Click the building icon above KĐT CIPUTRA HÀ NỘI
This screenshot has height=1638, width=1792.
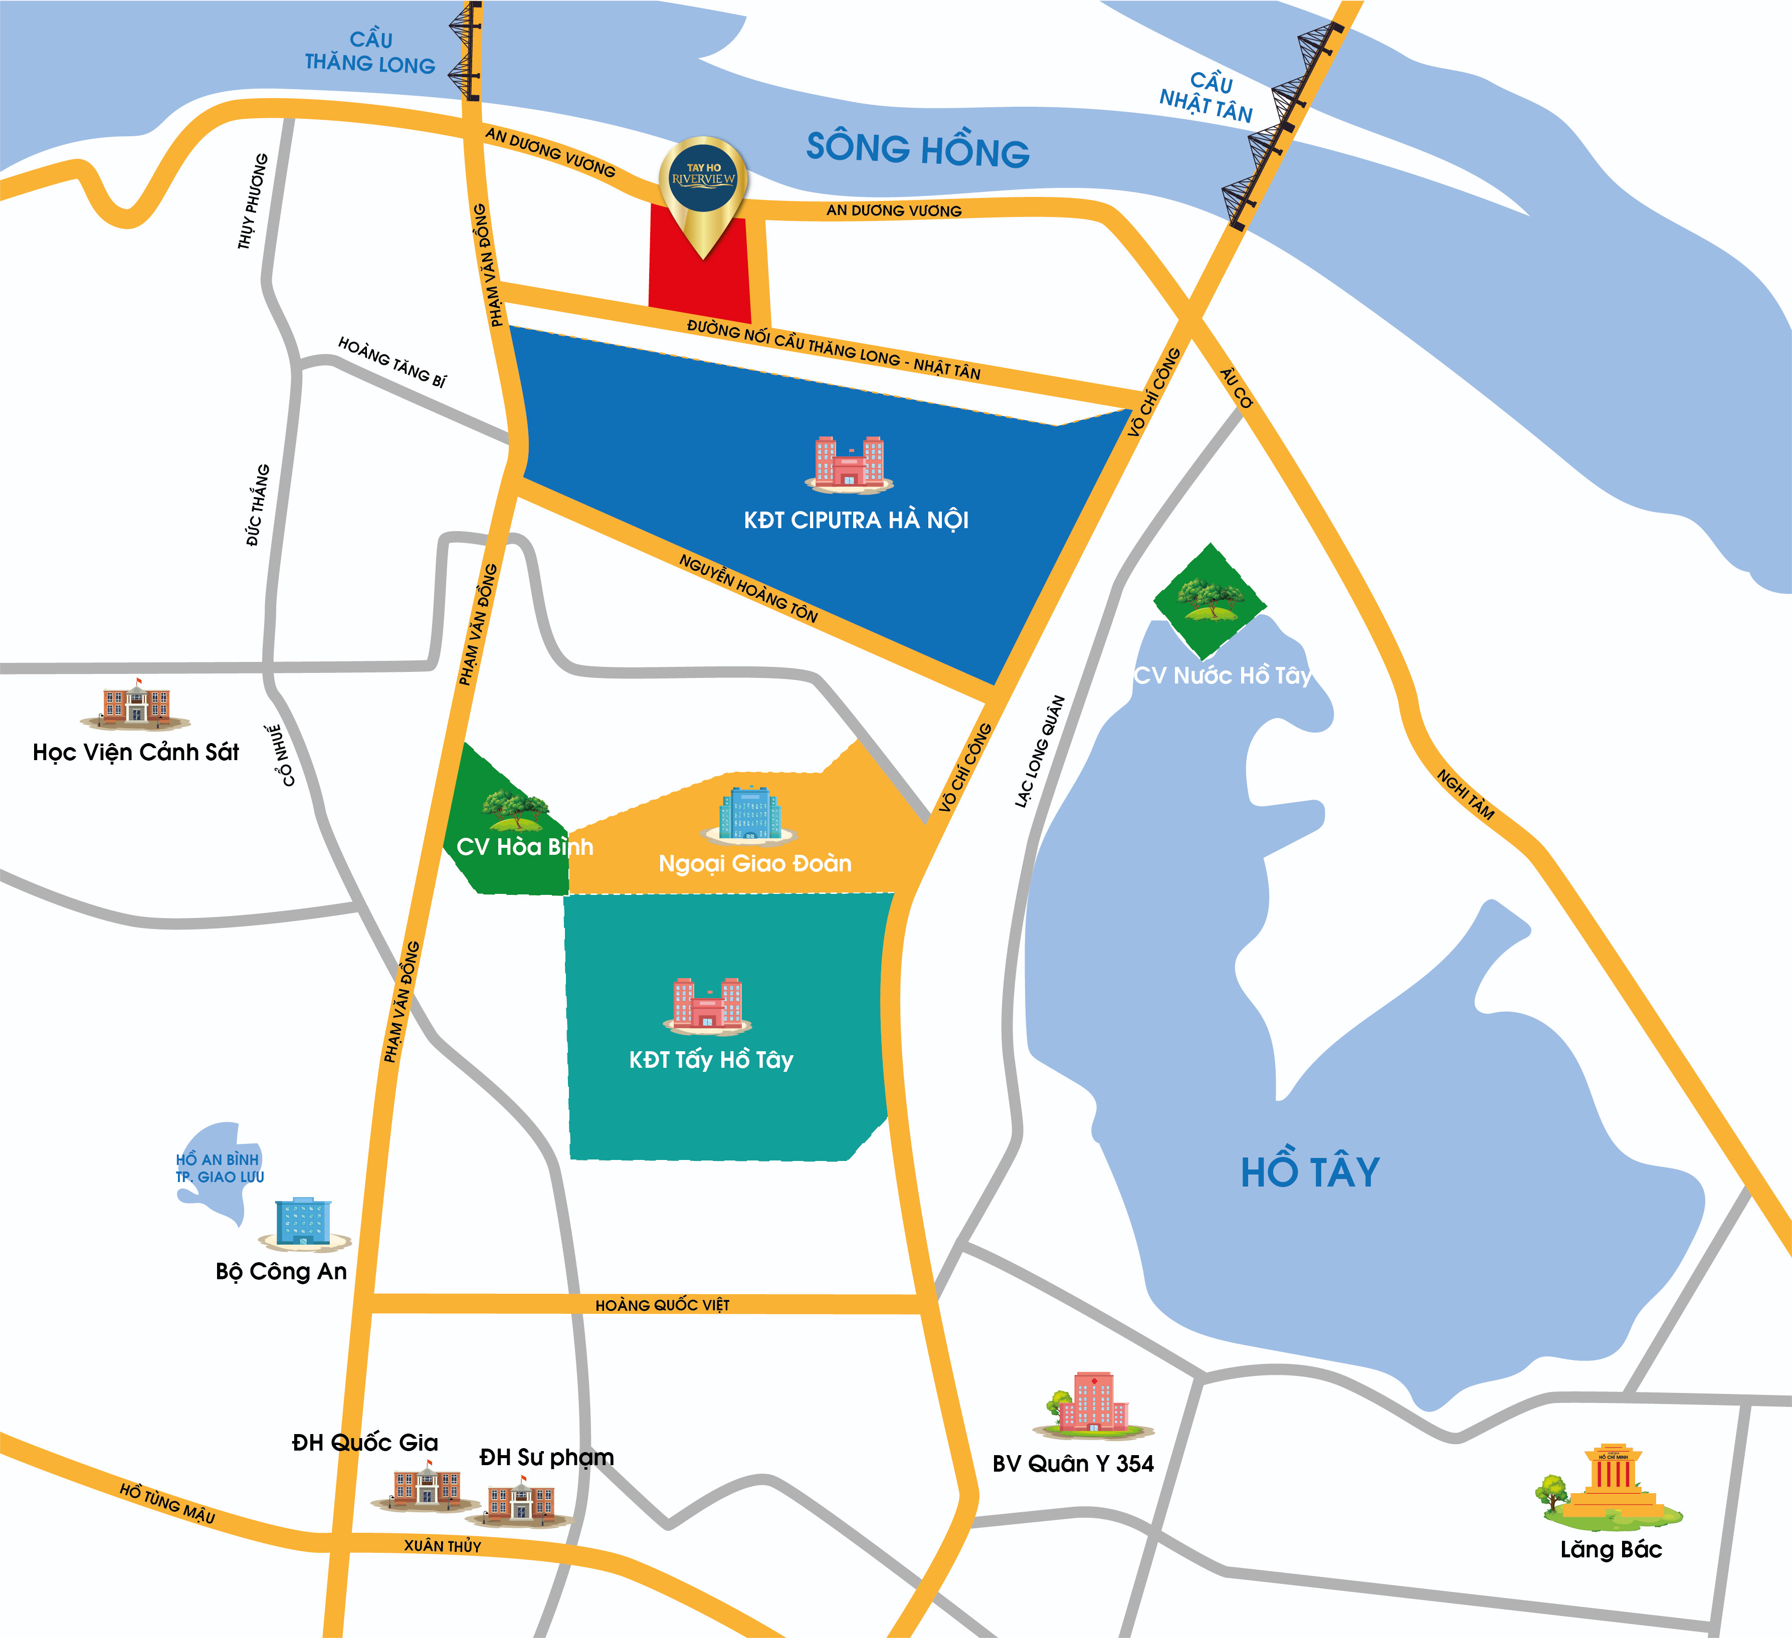tap(849, 463)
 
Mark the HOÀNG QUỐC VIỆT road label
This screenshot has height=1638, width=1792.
tap(662, 1305)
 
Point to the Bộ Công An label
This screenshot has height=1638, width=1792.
tap(281, 1272)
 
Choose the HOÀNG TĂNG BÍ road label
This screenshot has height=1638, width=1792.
tap(392, 362)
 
